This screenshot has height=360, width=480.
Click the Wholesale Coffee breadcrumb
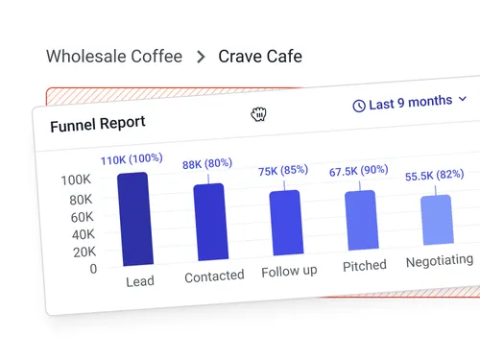(113, 56)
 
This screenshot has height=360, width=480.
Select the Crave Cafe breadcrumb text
(260, 56)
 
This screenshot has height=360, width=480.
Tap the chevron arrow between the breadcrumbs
(201, 57)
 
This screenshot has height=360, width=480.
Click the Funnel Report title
(98, 123)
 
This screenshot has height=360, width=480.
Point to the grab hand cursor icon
(258, 115)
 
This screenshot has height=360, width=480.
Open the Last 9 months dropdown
(411, 102)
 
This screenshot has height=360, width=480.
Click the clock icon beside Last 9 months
(359, 105)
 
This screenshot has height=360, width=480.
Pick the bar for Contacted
(209, 222)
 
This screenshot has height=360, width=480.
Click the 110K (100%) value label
(131, 158)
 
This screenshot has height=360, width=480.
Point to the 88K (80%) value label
(207, 164)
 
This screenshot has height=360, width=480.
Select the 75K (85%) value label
(283, 170)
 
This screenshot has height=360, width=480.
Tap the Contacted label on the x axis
(214, 276)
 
